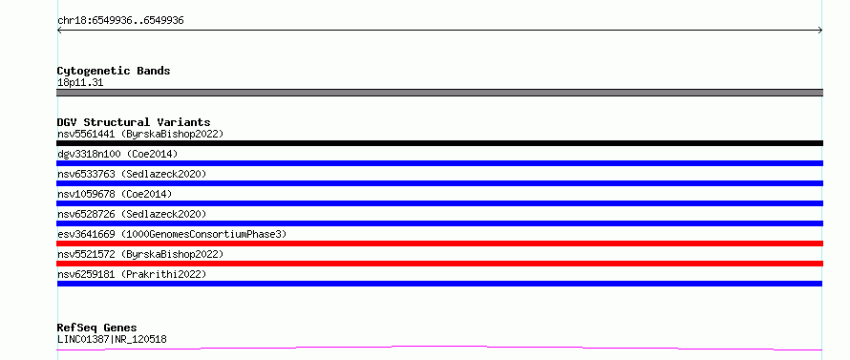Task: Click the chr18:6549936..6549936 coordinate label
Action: (120, 21)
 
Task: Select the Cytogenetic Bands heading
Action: (114, 71)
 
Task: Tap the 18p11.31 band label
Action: (80, 83)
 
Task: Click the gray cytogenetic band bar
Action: (439, 93)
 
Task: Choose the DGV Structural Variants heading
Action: (134, 122)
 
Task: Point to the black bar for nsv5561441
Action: (439, 143)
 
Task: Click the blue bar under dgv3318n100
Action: (439, 163)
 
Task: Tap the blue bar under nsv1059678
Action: (439, 203)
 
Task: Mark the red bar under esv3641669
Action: (439, 244)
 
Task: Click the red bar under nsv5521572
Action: (439, 264)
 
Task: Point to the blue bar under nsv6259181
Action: (439, 284)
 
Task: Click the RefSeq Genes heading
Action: (96, 328)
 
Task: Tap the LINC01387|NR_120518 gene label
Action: (112, 340)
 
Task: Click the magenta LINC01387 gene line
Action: (439, 346)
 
